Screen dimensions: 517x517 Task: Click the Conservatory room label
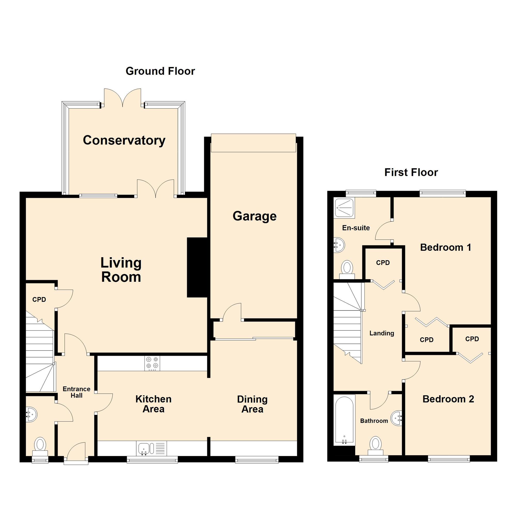[x=124, y=140]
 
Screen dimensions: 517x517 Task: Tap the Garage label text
[x=254, y=216]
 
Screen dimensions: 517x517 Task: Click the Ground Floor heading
[x=160, y=71]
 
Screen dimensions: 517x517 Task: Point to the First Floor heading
[x=411, y=172]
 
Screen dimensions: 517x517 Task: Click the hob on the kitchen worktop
[x=152, y=363]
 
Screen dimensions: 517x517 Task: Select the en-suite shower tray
[x=344, y=207]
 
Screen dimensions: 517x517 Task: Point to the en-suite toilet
[x=347, y=269]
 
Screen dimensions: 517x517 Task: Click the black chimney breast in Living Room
[x=197, y=267]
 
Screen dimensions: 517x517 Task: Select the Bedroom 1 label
[x=446, y=248]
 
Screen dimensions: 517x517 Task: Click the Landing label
[x=382, y=333]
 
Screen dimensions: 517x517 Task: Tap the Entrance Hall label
[x=77, y=392]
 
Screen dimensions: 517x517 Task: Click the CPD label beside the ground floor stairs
[x=39, y=299]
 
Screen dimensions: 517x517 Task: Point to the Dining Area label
[x=252, y=404]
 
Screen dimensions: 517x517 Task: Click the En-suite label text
[x=356, y=228]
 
